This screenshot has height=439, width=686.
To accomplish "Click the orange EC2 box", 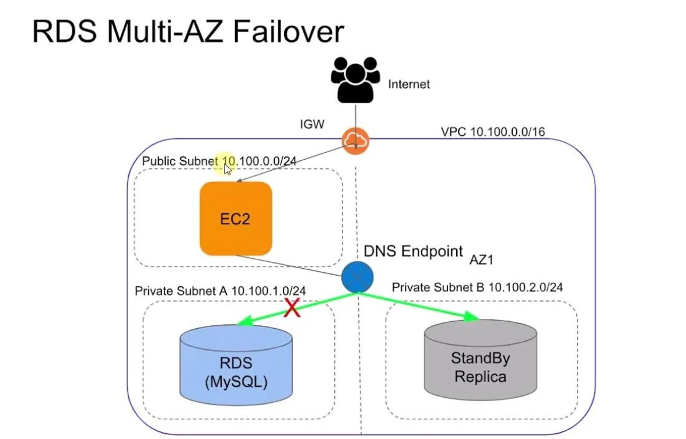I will tap(236, 219).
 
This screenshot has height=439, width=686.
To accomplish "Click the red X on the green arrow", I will tap(292, 307).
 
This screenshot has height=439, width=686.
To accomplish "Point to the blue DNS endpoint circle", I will tap(357, 278).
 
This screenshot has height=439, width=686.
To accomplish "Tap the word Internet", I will tap(409, 85).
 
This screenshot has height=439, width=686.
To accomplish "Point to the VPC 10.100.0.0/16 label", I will tap(492, 132).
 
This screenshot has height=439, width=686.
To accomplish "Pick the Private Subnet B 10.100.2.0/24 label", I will tap(477, 287).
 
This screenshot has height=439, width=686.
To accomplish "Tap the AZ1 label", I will tap(482, 260).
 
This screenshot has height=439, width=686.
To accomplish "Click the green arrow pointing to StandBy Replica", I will tap(420, 307).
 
